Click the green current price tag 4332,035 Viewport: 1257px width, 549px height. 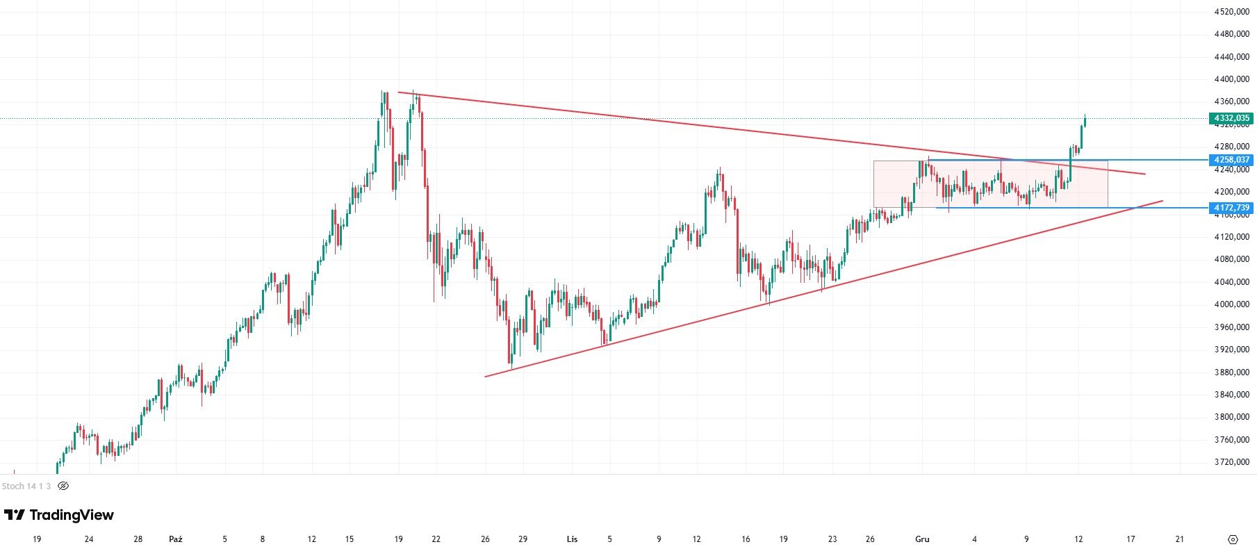1231,118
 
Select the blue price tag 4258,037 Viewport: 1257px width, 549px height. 1231,160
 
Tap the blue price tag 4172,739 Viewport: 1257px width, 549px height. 1231,208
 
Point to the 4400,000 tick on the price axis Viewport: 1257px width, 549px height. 1231,79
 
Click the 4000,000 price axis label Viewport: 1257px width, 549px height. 1231,304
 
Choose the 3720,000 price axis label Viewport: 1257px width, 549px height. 1231,462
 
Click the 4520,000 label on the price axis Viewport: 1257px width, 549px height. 1231,12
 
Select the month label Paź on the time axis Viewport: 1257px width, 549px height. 176,539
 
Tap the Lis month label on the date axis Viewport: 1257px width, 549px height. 572,539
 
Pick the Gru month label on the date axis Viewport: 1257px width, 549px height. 922,539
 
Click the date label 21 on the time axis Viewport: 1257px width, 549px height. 1179,539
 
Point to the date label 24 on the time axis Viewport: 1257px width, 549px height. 88,539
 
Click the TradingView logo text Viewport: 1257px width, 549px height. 59,515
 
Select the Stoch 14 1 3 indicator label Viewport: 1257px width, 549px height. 26,486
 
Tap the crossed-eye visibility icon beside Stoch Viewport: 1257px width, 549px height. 63,486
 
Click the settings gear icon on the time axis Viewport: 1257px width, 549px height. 1233,539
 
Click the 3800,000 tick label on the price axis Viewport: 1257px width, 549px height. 1231,417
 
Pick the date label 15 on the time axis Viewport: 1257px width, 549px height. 349,539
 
